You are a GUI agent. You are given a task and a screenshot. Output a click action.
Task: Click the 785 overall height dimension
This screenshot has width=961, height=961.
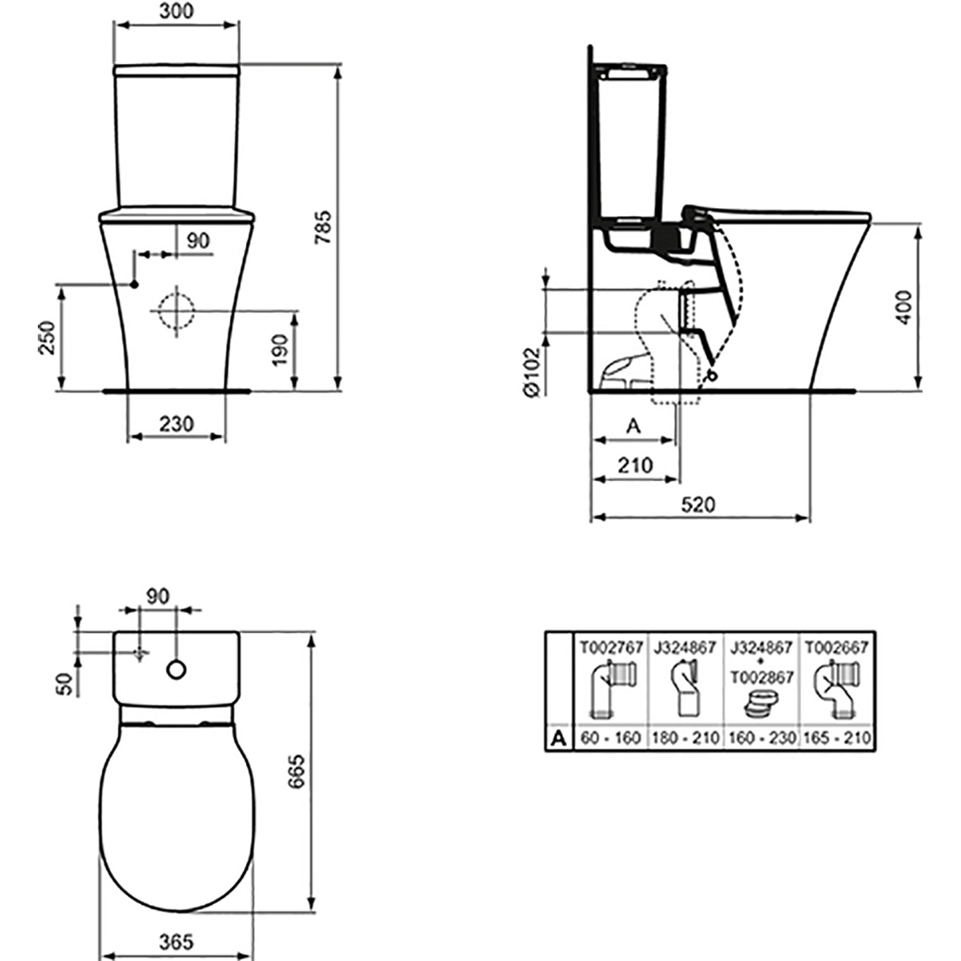click(x=324, y=227)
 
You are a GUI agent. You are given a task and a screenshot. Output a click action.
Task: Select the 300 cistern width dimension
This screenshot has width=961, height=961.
click(x=176, y=12)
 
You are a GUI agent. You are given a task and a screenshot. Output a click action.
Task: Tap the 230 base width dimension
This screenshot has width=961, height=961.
click(x=176, y=424)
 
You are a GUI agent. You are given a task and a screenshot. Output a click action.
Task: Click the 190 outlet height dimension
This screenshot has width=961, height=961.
click(x=281, y=350)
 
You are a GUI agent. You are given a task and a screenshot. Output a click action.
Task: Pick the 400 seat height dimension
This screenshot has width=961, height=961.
click(x=903, y=307)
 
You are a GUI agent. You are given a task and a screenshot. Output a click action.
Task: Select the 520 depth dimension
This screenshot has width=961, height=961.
click(x=698, y=505)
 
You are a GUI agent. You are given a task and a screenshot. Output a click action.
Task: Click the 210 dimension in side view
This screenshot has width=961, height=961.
click(x=635, y=465)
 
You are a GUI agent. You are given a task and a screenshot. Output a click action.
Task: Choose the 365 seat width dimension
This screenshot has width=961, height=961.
click(x=176, y=942)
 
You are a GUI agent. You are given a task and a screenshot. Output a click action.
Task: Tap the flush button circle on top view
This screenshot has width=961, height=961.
click(x=176, y=669)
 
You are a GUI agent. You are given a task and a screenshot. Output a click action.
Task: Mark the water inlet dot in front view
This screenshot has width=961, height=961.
click(x=135, y=284)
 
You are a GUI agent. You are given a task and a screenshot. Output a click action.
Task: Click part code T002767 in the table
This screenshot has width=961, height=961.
click(x=611, y=648)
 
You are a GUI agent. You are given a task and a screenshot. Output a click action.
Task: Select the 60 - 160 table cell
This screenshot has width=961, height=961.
click(x=611, y=738)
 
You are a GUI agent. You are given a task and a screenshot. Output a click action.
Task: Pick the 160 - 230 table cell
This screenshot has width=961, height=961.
click(x=761, y=738)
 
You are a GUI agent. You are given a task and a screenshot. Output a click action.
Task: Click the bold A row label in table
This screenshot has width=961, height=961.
click(x=559, y=739)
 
